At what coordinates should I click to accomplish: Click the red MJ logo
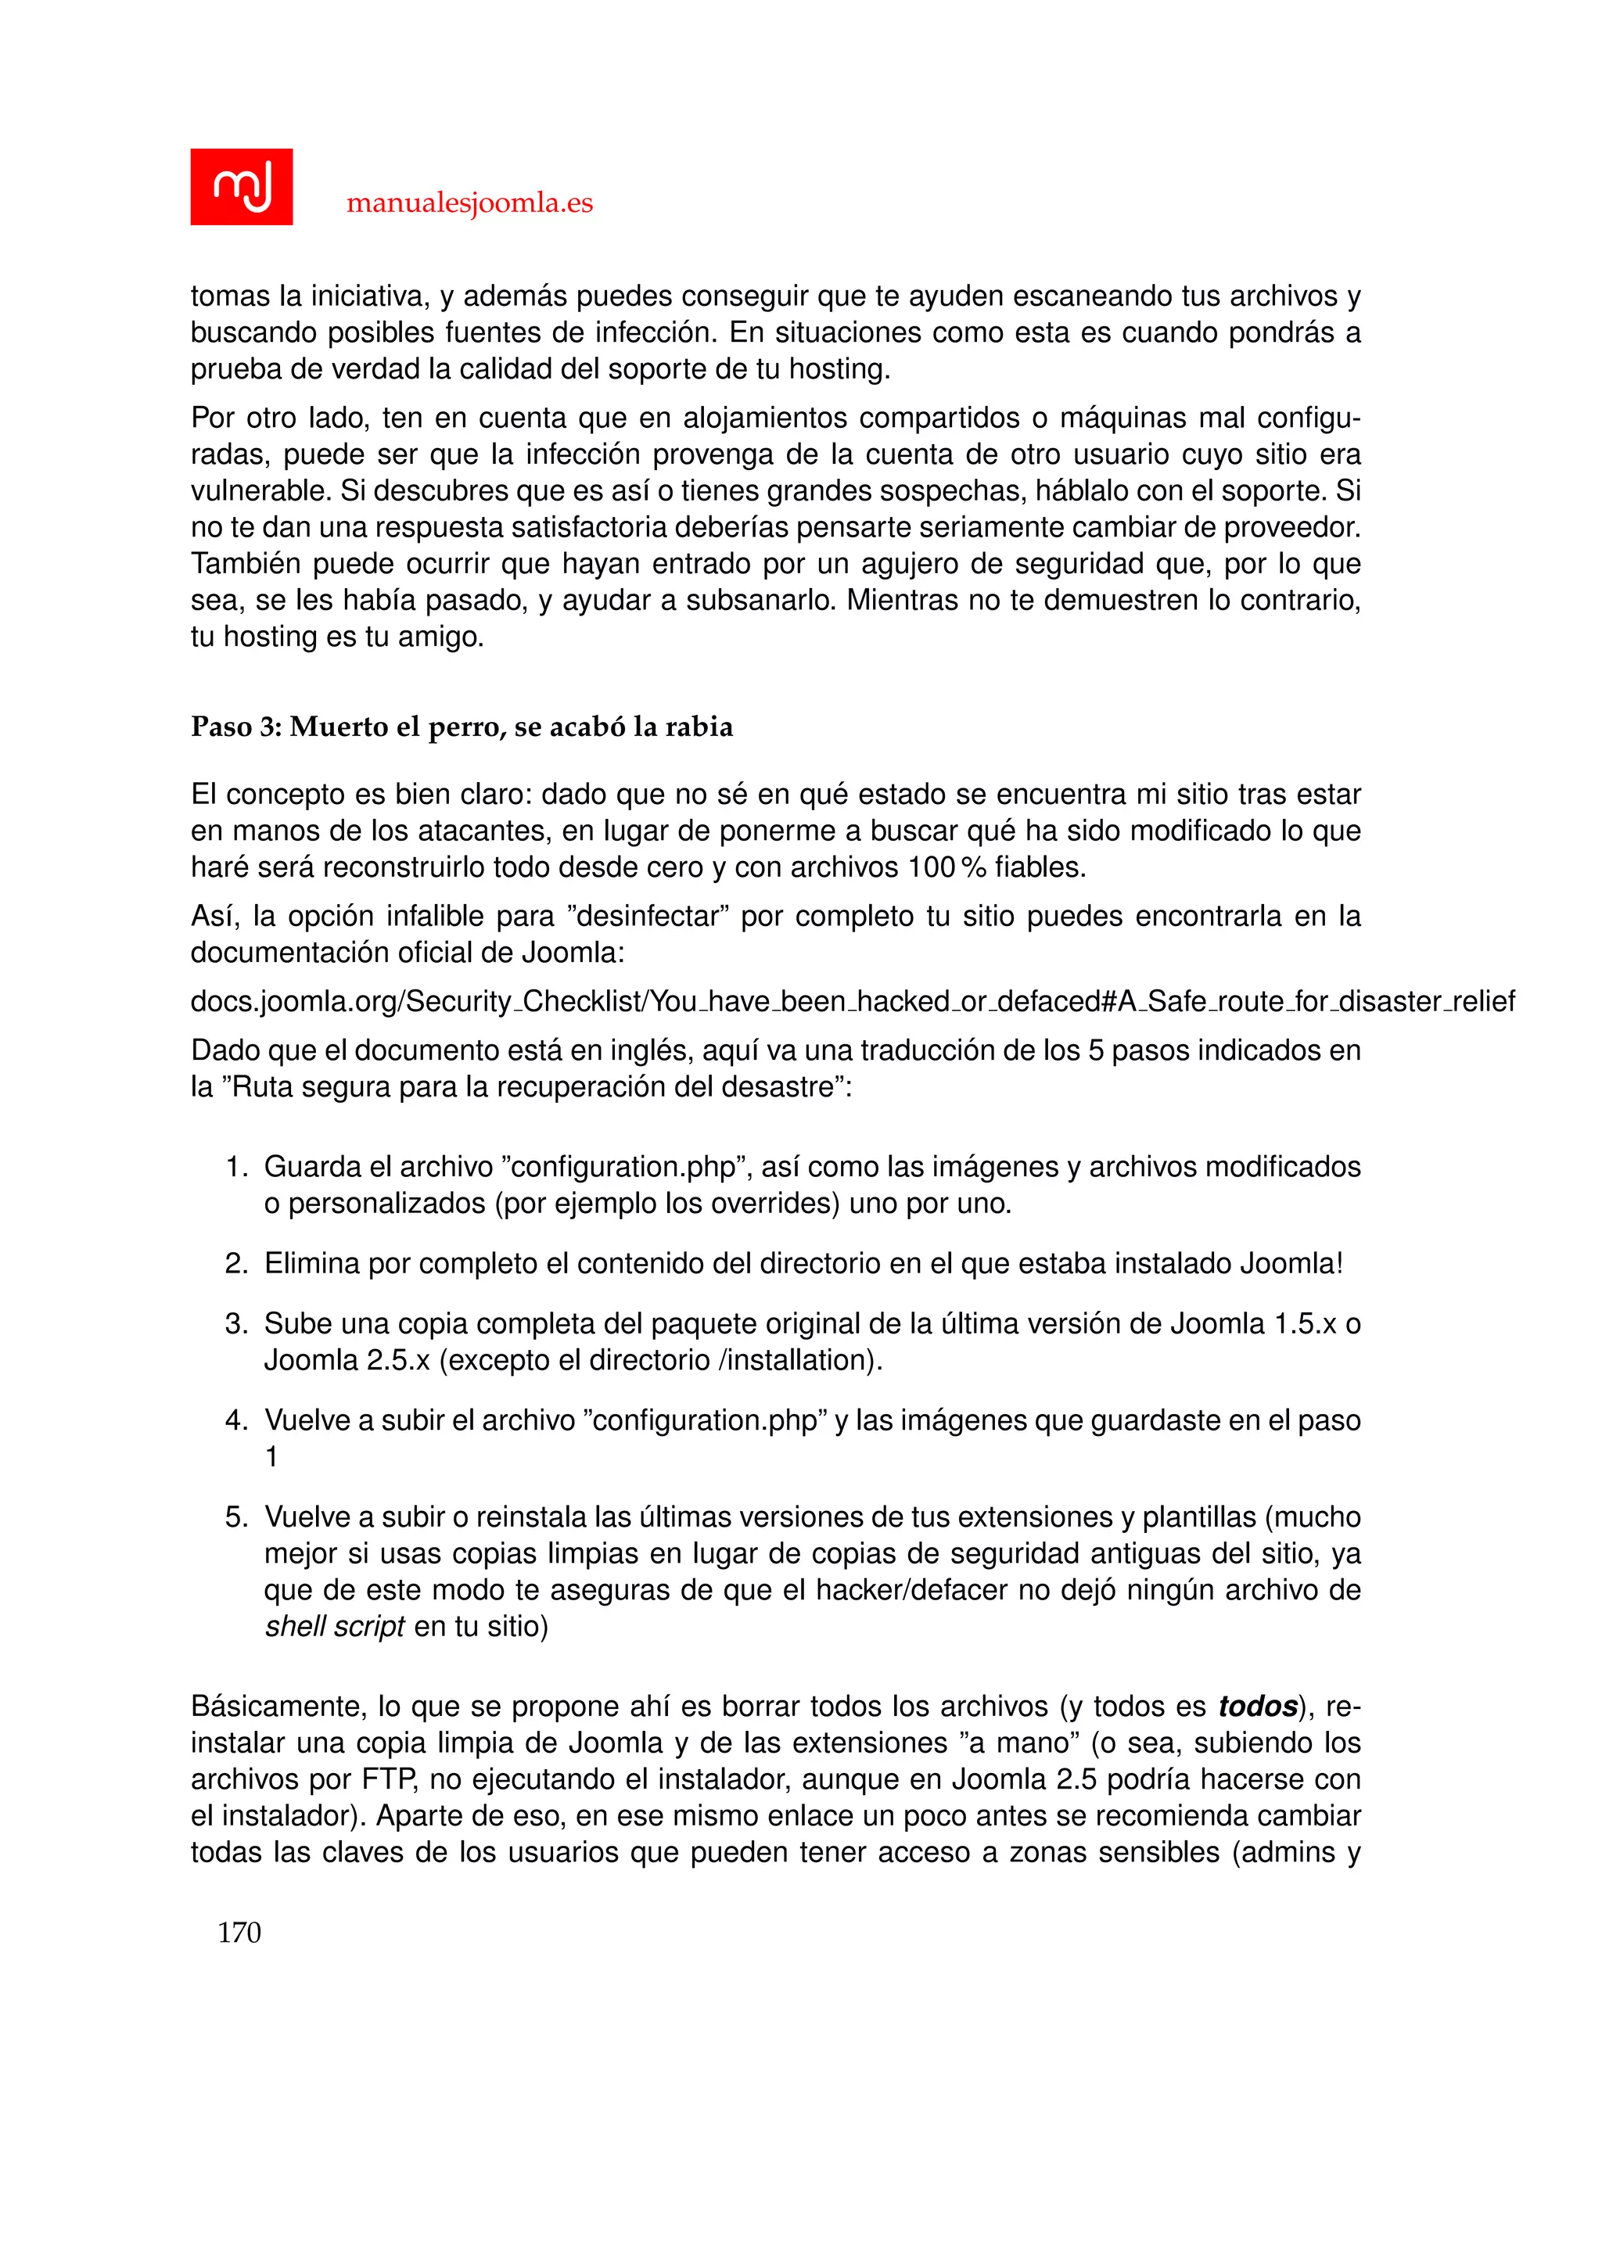pos(241,186)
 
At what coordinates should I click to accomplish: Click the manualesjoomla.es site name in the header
pos(469,203)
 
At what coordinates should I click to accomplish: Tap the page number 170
pos(239,1933)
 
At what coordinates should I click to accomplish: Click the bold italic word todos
pos(1257,1707)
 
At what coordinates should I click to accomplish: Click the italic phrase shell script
pos(335,1627)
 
